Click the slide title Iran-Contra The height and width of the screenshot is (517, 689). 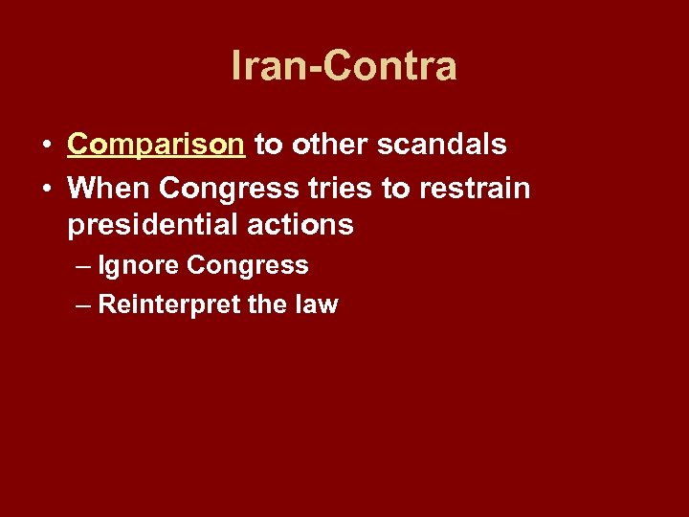(x=344, y=66)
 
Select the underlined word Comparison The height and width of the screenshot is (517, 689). (x=156, y=146)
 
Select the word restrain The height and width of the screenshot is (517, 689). (x=473, y=188)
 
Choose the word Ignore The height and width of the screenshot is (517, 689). (x=139, y=265)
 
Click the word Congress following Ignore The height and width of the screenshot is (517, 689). (x=248, y=265)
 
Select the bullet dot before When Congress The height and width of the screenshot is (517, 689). (x=47, y=189)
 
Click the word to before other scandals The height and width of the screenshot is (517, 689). (x=266, y=146)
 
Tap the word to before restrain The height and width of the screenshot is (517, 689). (x=395, y=188)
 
